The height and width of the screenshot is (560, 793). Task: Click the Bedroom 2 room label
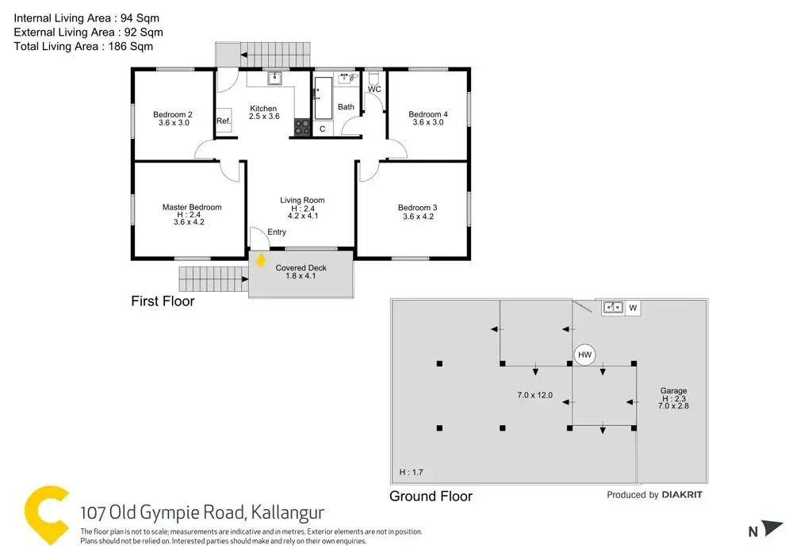[173, 115]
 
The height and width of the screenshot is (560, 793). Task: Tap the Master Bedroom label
[192, 208]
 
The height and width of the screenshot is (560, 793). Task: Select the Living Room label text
[302, 201]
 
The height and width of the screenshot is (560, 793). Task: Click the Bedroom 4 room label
[428, 115]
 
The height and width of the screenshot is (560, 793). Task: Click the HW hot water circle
[584, 355]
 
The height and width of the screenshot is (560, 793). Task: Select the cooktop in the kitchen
[302, 127]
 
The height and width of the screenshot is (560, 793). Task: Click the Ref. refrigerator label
[224, 121]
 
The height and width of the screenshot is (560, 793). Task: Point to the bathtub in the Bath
[323, 98]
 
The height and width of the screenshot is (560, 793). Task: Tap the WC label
[374, 90]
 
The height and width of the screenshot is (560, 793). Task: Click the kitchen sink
[274, 78]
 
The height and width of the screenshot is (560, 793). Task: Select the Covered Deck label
[301, 268]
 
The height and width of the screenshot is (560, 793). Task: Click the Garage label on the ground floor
[673, 391]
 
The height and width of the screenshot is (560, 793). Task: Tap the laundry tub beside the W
[611, 307]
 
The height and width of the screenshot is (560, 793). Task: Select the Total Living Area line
[84, 46]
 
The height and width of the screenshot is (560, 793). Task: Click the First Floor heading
[163, 301]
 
